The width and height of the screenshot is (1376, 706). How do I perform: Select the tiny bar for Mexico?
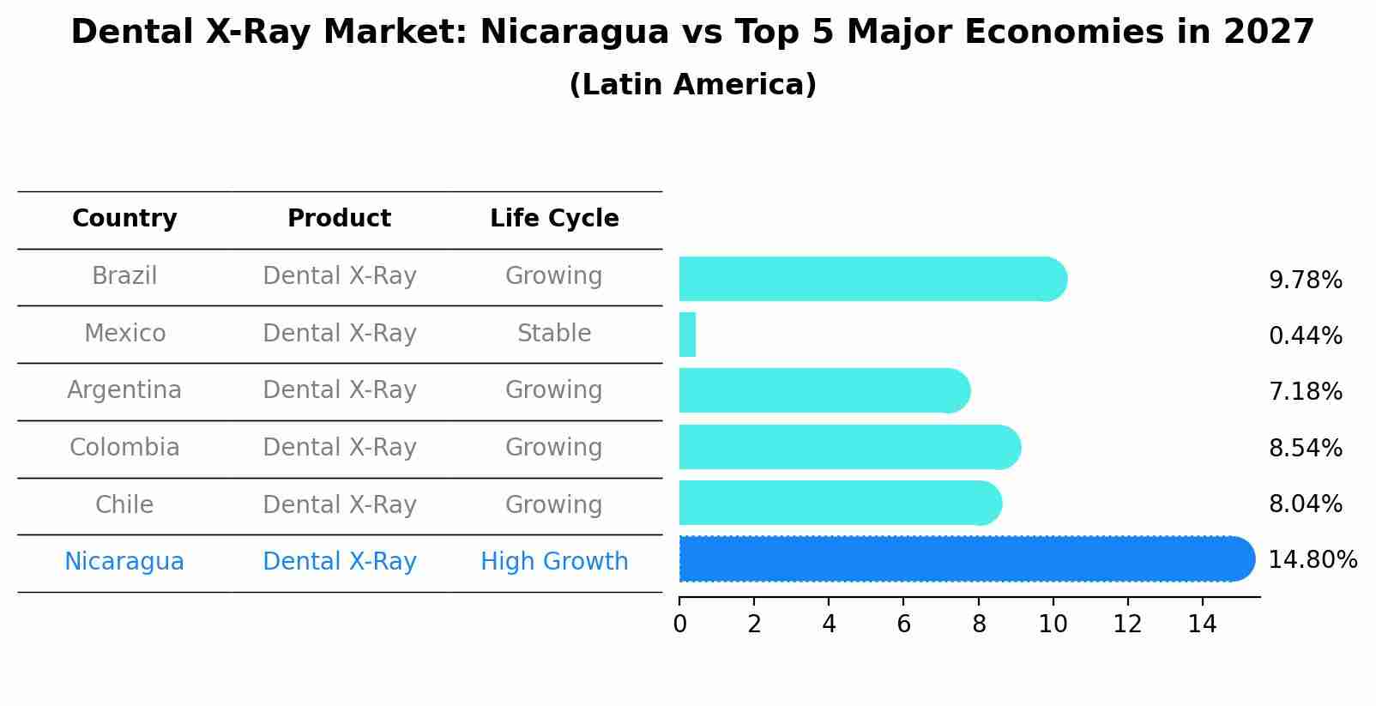coord(687,335)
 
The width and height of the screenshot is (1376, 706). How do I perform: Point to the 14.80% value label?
coord(1312,560)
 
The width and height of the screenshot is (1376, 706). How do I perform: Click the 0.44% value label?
coord(1305,336)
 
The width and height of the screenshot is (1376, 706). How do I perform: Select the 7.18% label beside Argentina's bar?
coord(1305,392)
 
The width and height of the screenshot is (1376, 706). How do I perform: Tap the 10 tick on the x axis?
coord(1053,625)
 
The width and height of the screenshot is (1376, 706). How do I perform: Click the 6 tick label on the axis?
coord(903,625)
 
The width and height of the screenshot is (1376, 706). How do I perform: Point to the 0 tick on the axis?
coord(679,625)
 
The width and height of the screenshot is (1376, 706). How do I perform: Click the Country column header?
coord(124,219)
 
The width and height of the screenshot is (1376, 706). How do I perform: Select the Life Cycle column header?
coord(554,219)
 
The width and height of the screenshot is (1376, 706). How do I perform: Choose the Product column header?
coord(339,219)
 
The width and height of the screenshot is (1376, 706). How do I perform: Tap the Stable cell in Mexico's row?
coord(554,333)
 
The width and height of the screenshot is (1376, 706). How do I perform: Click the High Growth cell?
coord(554,562)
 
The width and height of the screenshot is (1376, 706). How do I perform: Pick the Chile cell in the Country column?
coord(124,504)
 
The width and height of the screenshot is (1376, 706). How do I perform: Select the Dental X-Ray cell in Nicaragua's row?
coord(339,562)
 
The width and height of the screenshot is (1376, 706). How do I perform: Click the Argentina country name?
coord(124,390)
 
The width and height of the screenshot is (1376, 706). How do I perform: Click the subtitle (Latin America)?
coord(692,85)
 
